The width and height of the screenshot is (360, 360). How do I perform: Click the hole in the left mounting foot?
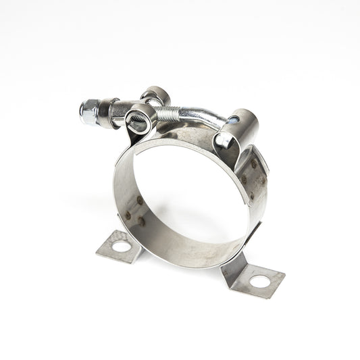(x=121, y=246)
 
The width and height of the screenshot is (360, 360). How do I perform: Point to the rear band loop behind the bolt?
(x=156, y=94)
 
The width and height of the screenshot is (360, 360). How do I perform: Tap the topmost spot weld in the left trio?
(x=138, y=200)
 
